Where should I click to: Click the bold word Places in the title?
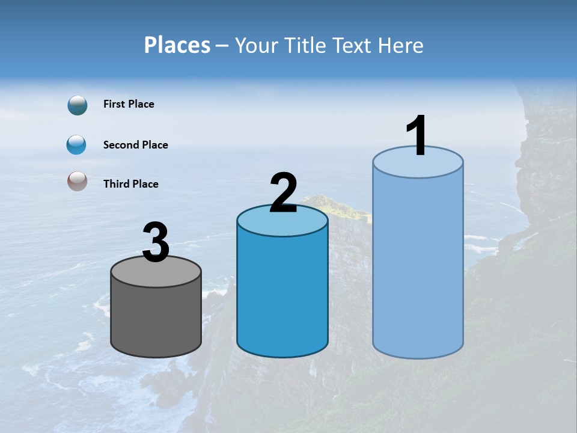pyautogui.click(x=177, y=45)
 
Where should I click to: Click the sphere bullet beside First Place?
pyautogui.click(x=77, y=105)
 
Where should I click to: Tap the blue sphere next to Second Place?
pyautogui.click(x=77, y=145)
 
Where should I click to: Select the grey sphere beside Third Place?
pyautogui.click(x=77, y=181)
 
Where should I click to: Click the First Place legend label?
pyautogui.click(x=129, y=104)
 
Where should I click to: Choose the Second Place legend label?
pyautogui.click(x=135, y=145)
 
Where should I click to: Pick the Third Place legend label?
pyautogui.click(x=130, y=184)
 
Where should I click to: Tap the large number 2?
pyautogui.click(x=283, y=194)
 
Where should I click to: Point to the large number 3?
pyautogui.click(x=156, y=243)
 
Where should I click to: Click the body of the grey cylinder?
pyautogui.click(x=156, y=316)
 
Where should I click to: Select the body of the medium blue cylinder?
pyautogui.click(x=282, y=289)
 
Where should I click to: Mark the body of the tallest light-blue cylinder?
pyautogui.click(x=418, y=265)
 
